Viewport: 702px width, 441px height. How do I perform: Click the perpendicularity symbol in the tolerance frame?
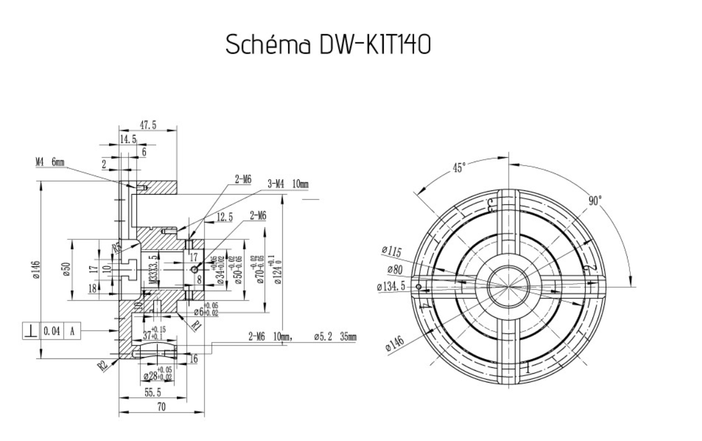pyautogui.click(x=28, y=331)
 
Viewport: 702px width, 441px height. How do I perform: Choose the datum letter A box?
pyautogui.click(x=72, y=331)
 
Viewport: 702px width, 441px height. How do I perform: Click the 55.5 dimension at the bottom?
pyautogui.click(x=153, y=393)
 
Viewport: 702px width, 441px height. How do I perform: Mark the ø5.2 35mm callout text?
pyautogui.click(x=334, y=337)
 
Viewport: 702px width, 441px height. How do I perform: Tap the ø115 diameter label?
pyautogui.click(x=392, y=252)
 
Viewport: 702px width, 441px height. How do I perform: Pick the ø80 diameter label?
pyautogui.click(x=395, y=269)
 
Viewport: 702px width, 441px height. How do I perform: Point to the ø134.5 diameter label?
pyautogui.click(x=391, y=287)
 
